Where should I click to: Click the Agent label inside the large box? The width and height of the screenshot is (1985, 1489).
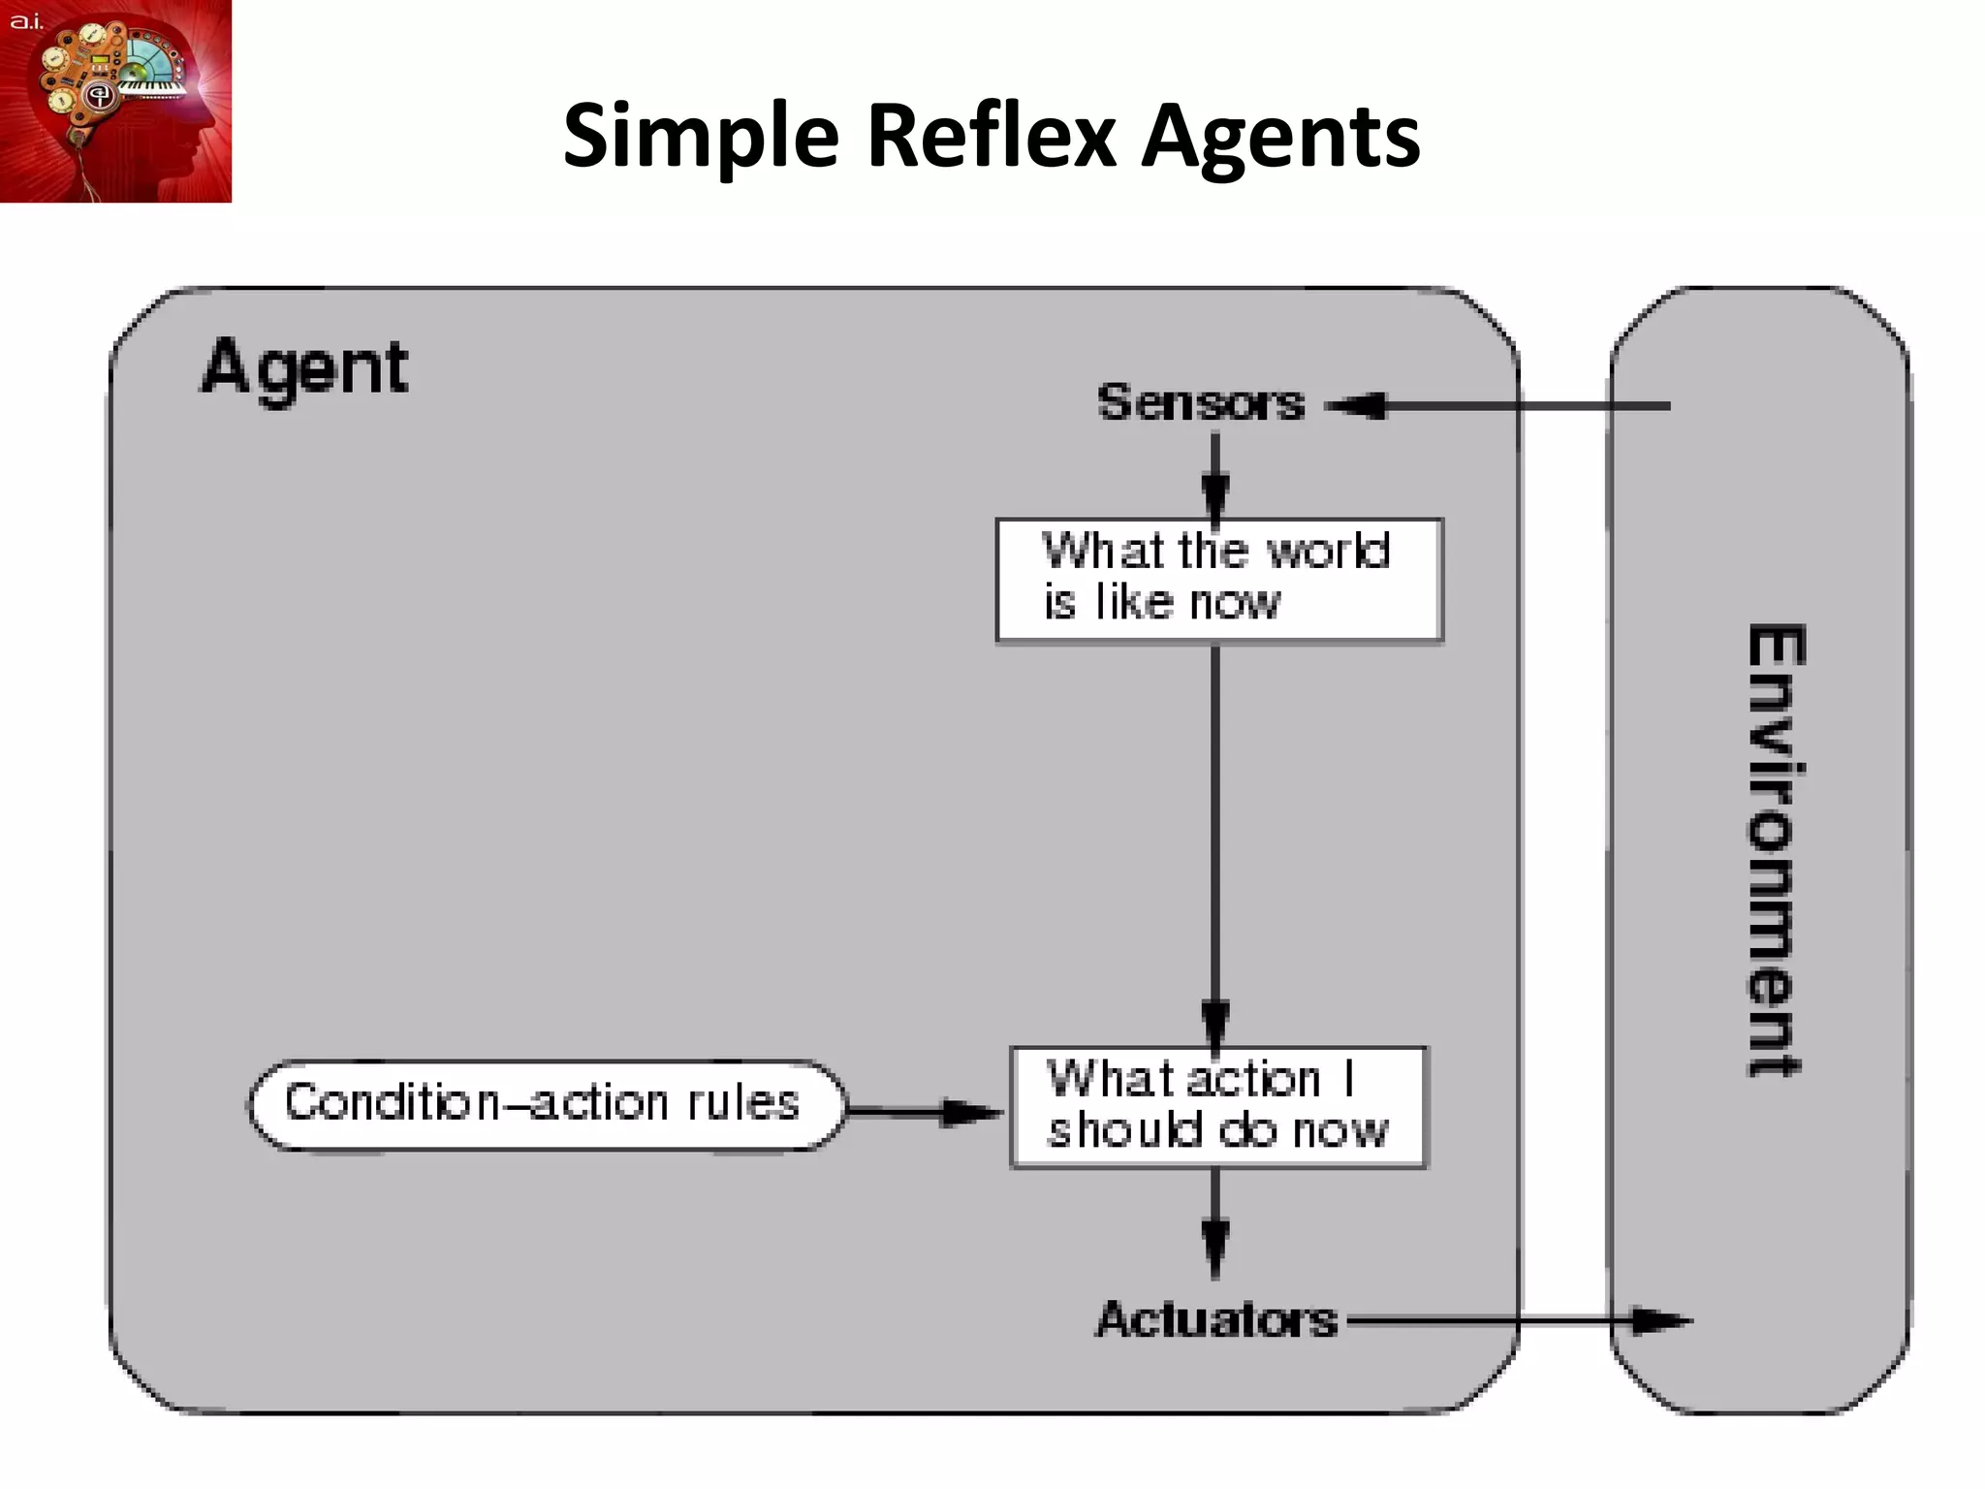[304, 368]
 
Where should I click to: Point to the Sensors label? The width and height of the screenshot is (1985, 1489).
[1200, 402]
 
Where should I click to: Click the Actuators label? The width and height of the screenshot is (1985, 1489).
[1216, 1319]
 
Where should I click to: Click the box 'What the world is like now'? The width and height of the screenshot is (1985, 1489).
[1219, 580]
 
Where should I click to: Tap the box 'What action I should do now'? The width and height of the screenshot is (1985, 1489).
[1218, 1107]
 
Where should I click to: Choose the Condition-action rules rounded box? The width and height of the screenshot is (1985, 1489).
[546, 1105]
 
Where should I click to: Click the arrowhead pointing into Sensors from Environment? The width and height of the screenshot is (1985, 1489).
[1357, 405]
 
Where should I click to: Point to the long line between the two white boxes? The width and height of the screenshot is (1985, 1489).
[1215, 824]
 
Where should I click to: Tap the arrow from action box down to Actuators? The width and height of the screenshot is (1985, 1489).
[1215, 1223]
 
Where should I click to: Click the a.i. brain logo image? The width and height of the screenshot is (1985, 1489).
[115, 101]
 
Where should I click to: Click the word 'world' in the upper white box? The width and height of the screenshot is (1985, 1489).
[1328, 551]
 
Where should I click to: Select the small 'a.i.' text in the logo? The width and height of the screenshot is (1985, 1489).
[26, 20]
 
